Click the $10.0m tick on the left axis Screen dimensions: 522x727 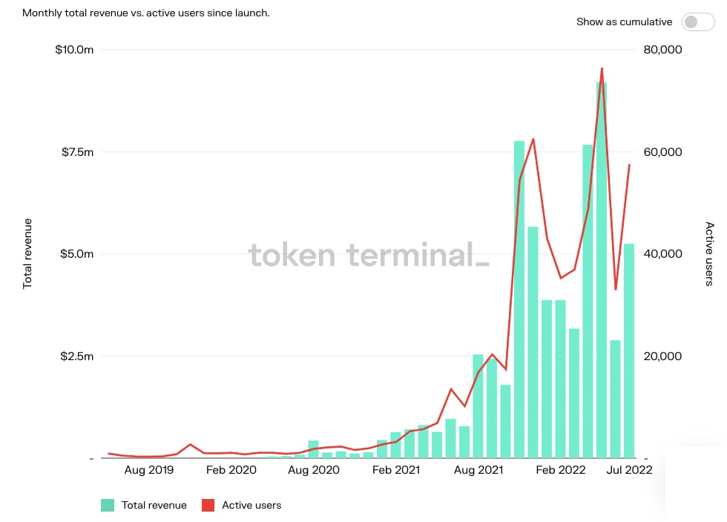pyautogui.click(x=74, y=50)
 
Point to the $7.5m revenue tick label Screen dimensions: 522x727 pyautogui.click(x=76, y=152)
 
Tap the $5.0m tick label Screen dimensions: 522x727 pyautogui.click(x=76, y=254)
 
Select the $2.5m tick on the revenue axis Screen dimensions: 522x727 pyautogui.click(x=76, y=356)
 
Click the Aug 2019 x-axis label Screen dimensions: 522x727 pyautogui.click(x=149, y=470)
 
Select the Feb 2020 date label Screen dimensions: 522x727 pyautogui.click(x=231, y=470)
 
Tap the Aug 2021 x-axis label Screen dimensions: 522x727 pyautogui.click(x=478, y=470)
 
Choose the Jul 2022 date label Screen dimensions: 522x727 pyautogui.click(x=628, y=470)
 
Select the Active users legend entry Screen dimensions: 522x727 pyautogui.click(x=243, y=506)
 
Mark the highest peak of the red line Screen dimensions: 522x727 pyautogui.click(x=602, y=68)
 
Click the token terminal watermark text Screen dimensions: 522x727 pyautogui.click(x=369, y=255)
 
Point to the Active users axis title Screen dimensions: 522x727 pyautogui.click(x=709, y=254)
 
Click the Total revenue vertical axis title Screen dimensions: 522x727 pyautogui.click(x=27, y=254)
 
